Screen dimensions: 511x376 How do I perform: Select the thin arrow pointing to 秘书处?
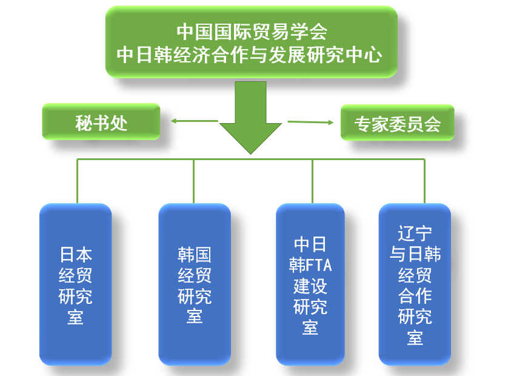pyautogui.click(x=195, y=121)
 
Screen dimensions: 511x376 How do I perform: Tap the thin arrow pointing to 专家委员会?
pyautogui.click(x=310, y=123)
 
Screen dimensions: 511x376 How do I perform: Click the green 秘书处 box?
pyautogui.click(x=101, y=121)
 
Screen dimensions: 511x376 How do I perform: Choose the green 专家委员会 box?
pyautogui.click(x=397, y=123)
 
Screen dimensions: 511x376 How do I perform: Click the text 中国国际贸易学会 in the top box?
pyautogui.click(x=252, y=32)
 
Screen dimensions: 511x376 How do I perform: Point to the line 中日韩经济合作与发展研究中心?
pyautogui.click(x=250, y=55)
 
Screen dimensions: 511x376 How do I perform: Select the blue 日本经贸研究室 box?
pyautogui.click(x=76, y=284)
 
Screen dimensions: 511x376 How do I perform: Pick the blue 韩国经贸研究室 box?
pyautogui.click(x=195, y=284)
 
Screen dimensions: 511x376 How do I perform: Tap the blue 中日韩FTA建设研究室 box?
pyautogui.click(x=310, y=284)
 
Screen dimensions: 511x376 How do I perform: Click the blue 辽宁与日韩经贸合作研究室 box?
pyautogui.click(x=415, y=284)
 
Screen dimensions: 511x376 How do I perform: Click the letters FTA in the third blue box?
pyautogui.click(x=319, y=265)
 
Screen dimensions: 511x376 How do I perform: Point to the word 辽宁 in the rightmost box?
pyautogui.click(x=415, y=233)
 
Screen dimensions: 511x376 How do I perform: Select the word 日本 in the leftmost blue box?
pyautogui.click(x=76, y=255)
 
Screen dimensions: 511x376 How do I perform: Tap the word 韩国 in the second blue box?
pyautogui.click(x=195, y=255)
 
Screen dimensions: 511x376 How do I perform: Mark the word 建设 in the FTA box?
pyautogui.click(x=310, y=286)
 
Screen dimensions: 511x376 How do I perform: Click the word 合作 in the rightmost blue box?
pyautogui.click(x=415, y=296)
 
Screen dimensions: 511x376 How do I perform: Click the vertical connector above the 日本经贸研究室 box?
pyautogui.click(x=77, y=181)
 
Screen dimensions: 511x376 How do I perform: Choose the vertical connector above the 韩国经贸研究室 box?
pyautogui.click(x=193, y=181)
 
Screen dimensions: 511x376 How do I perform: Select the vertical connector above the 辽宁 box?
pyautogui.click(x=424, y=181)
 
